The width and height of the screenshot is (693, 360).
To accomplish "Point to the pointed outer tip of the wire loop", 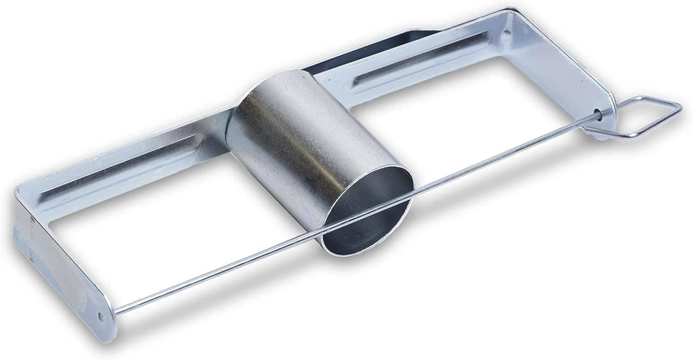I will tap(680, 105).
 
